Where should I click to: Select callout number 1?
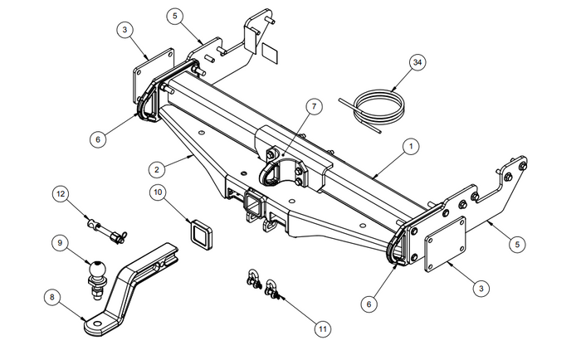409,147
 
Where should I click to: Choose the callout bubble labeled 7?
313,105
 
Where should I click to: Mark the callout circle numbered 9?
60,243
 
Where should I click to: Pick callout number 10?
158,192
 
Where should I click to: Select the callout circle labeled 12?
60,193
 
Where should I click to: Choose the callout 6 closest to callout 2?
98,139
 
